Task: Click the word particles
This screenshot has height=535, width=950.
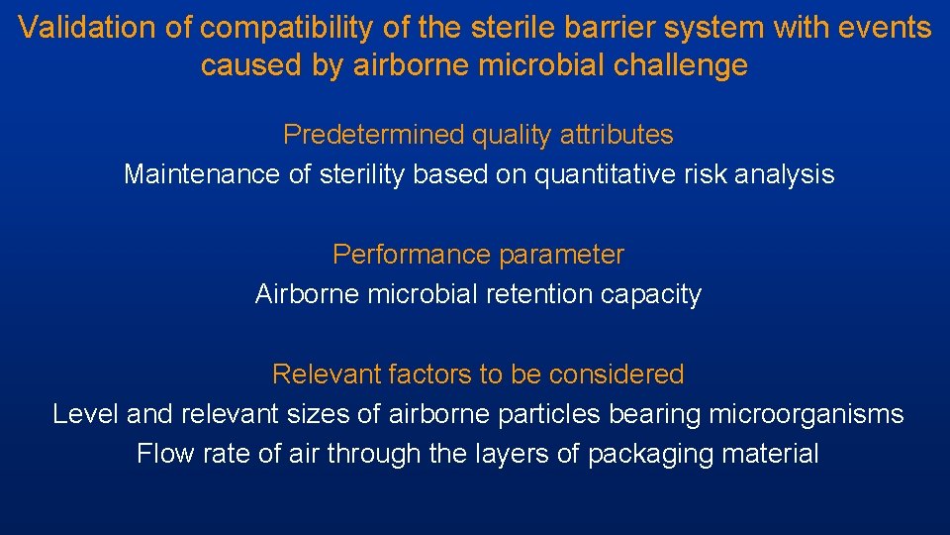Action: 553,414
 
